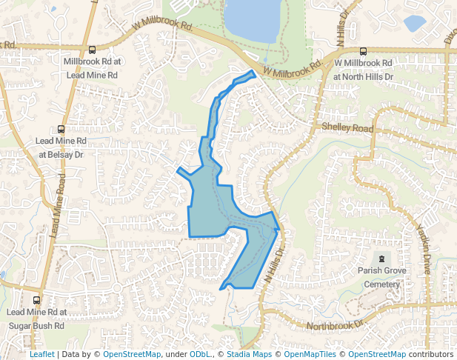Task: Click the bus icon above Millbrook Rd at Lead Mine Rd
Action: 92,50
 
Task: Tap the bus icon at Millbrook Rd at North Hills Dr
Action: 363,52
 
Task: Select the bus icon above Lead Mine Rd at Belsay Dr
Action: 61,129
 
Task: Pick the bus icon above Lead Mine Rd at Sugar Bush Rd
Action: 36,301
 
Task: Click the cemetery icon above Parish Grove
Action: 381,259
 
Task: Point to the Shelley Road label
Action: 347,128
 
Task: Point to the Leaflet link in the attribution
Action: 41,354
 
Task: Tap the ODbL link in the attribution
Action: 200,354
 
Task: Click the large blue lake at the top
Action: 253,19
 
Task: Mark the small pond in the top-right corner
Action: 414,22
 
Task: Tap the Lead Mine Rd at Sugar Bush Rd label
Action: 36,319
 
